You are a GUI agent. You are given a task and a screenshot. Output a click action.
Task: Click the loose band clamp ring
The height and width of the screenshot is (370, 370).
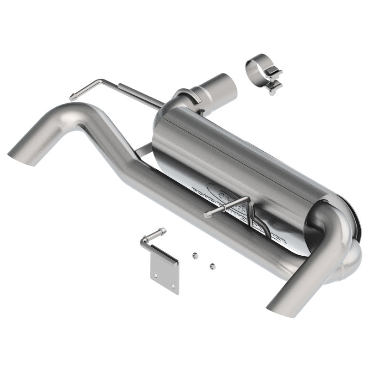[x=253, y=70]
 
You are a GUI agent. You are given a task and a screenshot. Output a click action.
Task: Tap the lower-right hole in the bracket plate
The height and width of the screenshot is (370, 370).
[x=173, y=285]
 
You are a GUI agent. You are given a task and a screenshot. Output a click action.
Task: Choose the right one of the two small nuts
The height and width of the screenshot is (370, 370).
[x=212, y=266]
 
